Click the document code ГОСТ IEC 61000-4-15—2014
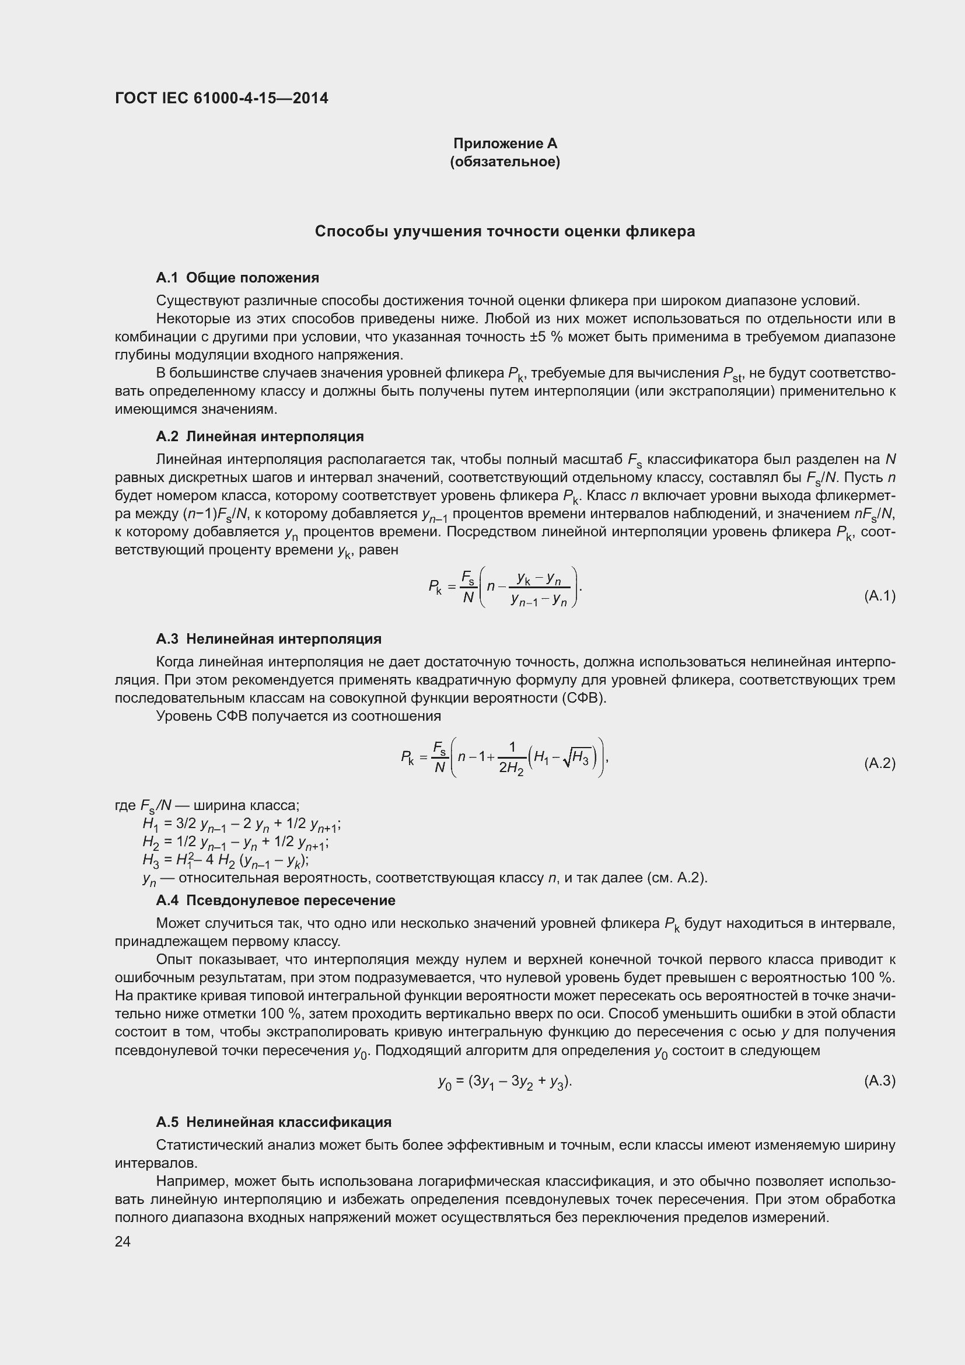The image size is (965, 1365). pos(221,98)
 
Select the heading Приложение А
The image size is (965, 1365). pos(505,144)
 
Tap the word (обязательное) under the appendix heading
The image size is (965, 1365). pos(505,162)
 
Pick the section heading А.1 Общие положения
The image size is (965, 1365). pos(237,278)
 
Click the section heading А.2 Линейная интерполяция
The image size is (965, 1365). pos(259,437)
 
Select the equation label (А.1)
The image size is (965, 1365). pos(879,596)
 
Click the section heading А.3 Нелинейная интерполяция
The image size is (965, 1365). pos(268,639)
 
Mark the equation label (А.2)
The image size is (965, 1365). pos(879,763)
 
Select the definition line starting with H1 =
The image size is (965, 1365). pos(240,825)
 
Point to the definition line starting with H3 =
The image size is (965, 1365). pos(225,860)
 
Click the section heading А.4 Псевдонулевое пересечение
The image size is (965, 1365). pos(275,900)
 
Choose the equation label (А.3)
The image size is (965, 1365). pos(879,1081)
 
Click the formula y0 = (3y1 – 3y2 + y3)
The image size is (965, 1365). pos(505,1081)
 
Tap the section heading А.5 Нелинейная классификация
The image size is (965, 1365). pos(273,1122)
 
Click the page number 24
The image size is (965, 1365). pos(123,1241)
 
